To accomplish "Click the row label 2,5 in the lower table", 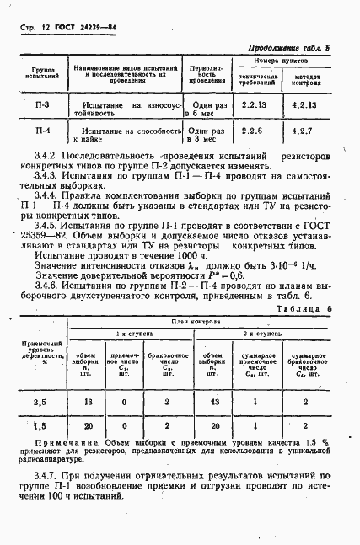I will pyautogui.click(x=39, y=403).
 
